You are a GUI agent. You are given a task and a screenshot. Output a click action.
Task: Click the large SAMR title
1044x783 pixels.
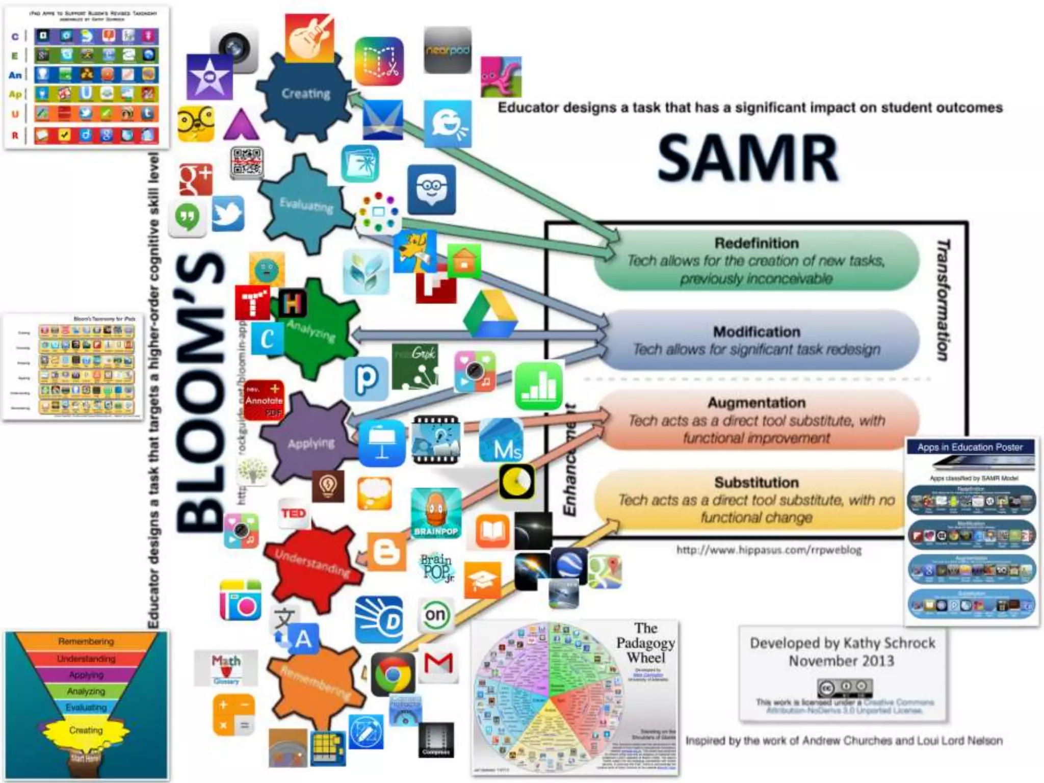(x=748, y=158)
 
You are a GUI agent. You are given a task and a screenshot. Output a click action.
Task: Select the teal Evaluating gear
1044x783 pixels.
(x=306, y=204)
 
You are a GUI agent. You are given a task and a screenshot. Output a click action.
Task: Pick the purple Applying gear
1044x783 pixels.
(x=309, y=441)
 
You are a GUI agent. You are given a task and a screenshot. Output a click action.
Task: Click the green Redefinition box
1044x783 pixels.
(x=756, y=260)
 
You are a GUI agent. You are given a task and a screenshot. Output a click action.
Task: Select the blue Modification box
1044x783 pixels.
(x=756, y=340)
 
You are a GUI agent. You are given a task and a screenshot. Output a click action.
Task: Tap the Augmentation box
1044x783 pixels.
(x=756, y=420)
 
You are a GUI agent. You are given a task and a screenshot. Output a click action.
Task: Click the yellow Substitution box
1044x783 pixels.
(x=756, y=500)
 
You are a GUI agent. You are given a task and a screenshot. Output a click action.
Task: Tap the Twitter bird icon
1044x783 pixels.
(x=228, y=214)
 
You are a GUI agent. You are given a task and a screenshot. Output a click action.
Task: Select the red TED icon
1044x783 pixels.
(x=294, y=513)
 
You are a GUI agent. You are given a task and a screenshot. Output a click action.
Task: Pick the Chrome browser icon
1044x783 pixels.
(x=393, y=674)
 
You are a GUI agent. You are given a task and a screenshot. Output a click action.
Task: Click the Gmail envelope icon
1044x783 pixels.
(x=439, y=663)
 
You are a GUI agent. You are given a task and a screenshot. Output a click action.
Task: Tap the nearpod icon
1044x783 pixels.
(x=447, y=50)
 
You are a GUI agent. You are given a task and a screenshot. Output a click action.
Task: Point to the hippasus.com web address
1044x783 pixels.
(x=769, y=550)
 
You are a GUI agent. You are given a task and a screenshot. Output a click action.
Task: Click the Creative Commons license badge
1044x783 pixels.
(x=845, y=688)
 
